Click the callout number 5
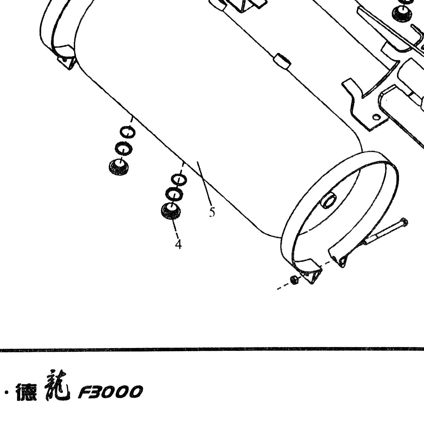coord(212,212)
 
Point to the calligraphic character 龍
coord(57,388)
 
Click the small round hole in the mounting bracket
coord(376,117)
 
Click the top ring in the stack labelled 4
coord(179,179)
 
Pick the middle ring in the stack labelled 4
coord(174,194)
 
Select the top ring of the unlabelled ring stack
coord(128,132)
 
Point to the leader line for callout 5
coord(204,183)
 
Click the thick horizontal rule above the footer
coord(212,349)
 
